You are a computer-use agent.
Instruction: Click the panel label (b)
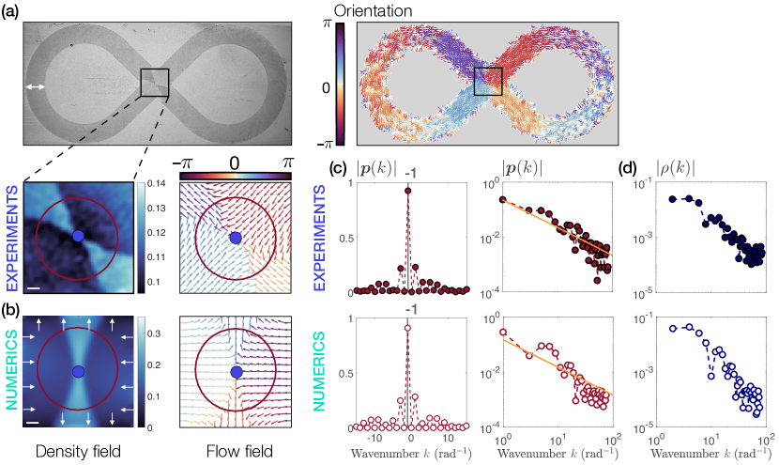pyautogui.click(x=13, y=305)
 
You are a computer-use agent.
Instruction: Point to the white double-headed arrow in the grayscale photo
pyautogui.click(x=36, y=87)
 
